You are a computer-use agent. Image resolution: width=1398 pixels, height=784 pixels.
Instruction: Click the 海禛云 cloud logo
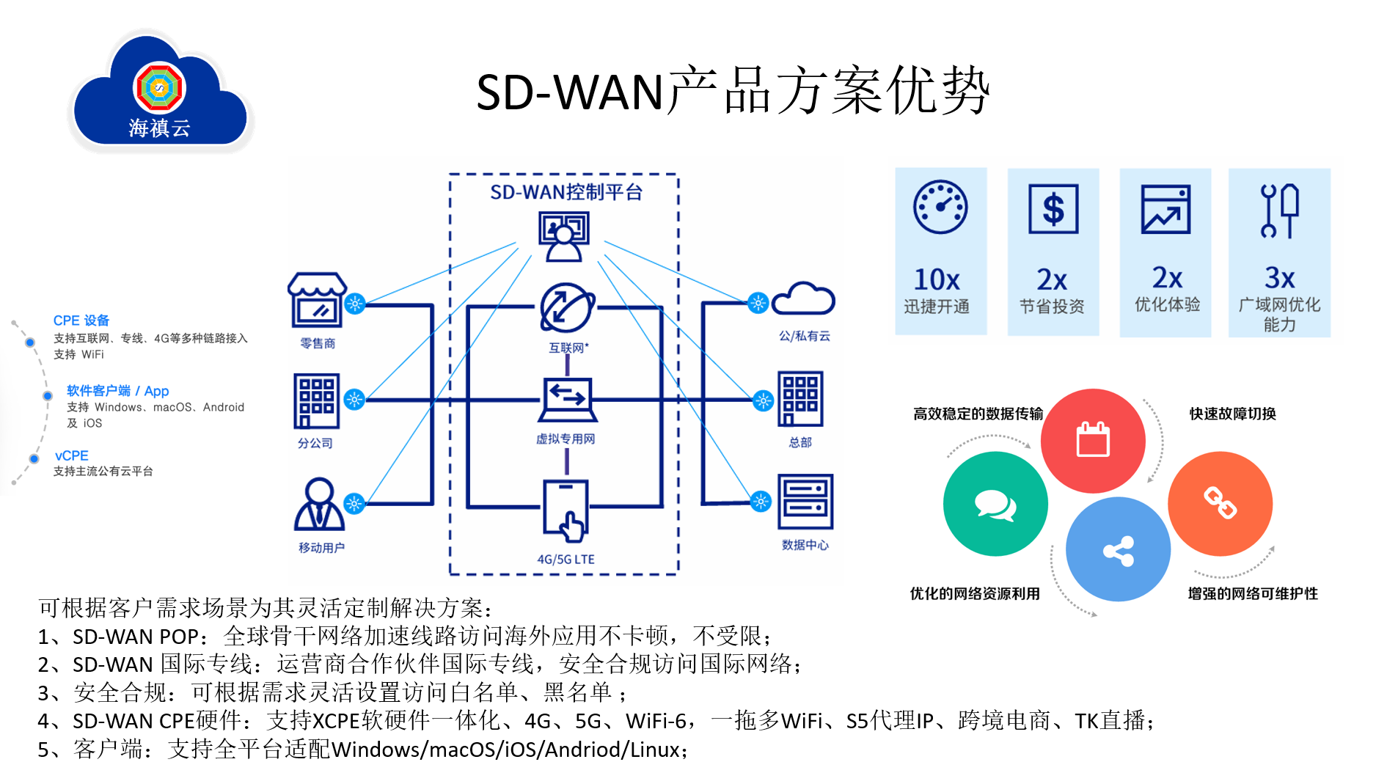click(x=161, y=92)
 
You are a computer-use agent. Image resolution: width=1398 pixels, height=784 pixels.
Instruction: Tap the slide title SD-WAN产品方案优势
click(x=733, y=91)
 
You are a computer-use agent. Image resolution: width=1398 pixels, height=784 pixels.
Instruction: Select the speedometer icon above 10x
click(x=940, y=208)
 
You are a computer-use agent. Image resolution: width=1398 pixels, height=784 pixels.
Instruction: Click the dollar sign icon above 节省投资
click(x=1053, y=209)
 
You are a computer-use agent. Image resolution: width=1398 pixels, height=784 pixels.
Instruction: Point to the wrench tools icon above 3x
click(x=1279, y=211)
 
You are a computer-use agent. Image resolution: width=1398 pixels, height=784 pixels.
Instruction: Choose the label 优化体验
click(x=1167, y=304)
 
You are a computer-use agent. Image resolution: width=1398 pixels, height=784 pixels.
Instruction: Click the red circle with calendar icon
click(x=1093, y=441)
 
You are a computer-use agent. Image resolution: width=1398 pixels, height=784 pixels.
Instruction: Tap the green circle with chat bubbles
click(x=995, y=504)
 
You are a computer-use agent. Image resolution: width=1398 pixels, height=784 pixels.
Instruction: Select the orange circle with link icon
click(x=1220, y=504)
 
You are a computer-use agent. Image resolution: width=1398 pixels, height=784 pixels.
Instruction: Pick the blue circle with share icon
click(x=1118, y=549)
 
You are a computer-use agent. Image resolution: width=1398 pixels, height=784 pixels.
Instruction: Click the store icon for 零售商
click(x=317, y=301)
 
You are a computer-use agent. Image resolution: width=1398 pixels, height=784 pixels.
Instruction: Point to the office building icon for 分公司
click(x=317, y=401)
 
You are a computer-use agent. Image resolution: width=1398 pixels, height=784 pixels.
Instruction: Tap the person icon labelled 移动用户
click(x=319, y=505)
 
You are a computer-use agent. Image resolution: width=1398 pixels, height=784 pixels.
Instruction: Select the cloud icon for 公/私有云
click(x=803, y=298)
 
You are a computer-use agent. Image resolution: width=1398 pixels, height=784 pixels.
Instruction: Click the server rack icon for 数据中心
click(x=805, y=502)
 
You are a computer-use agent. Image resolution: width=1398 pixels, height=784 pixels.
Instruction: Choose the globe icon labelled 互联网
click(x=567, y=308)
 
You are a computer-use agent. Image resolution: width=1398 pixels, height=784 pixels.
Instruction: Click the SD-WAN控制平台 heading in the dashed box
click(x=566, y=192)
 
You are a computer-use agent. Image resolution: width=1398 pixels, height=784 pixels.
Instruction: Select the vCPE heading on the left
click(x=71, y=455)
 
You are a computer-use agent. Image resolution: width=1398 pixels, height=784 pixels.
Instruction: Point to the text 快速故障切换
click(x=1232, y=414)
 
